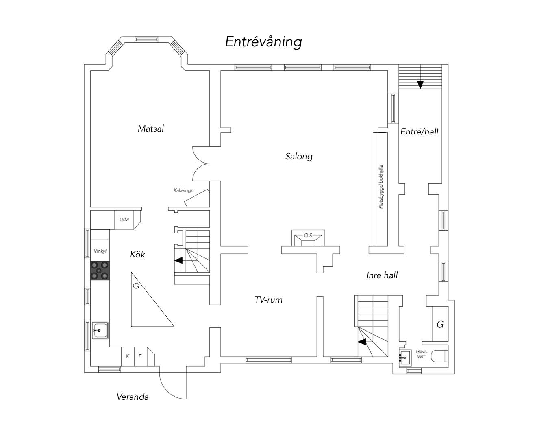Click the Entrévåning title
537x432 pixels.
pyautogui.click(x=263, y=42)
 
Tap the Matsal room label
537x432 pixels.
pyautogui.click(x=151, y=129)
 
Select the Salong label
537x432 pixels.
pyautogui.click(x=299, y=157)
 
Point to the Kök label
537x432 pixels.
pyautogui.click(x=137, y=255)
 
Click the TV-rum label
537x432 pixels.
pyautogui.click(x=268, y=300)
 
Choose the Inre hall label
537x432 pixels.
pyautogui.click(x=382, y=275)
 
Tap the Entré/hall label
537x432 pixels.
pyautogui.click(x=419, y=131)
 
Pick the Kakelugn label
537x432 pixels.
pyautogui.click(x=183, y=190)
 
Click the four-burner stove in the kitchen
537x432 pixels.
pyautogui.click(x=100, y=271)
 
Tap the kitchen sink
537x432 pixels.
pyautogui.click(x=100, y=330)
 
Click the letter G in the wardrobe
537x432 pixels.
pyautogui.click(x=440, y=324)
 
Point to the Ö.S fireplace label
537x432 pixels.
pyautogui.click(x=308, y=235)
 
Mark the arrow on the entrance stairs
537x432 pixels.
pyautogui.click(x=420, y=85)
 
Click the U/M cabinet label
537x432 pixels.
pyautogui.click(x=124, y=220)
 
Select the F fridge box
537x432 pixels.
pyautogui.click(x=141, y=356)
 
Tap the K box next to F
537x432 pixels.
pyautogui.click(x=128, y=356)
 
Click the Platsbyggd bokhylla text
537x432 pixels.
pyautogui.click(x=380, y=187)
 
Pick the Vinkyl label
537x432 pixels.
pyautogui.click(x=100, y=251)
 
